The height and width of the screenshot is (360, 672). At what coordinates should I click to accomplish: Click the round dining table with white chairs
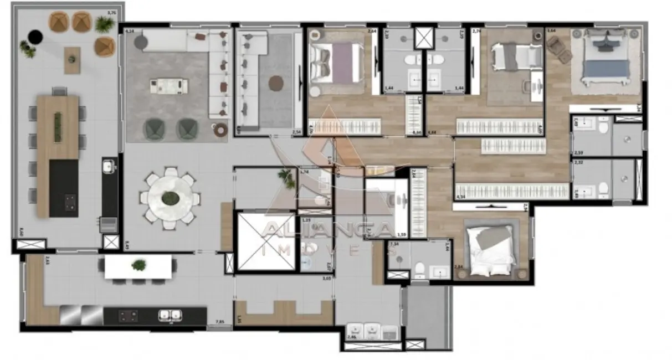coord(170,198)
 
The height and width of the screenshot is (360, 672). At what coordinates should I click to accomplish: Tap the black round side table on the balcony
coord(35,37)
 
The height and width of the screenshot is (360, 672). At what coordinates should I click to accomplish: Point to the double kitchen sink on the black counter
coord(170,315)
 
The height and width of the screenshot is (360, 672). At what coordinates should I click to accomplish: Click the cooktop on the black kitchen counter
coord(129,316)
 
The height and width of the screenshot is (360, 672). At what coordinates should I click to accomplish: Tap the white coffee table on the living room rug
coord(168,85)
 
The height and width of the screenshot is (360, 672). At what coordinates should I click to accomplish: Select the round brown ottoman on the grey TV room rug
coord(276,84)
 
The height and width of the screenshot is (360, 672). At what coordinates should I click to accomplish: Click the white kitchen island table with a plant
coord(138,266)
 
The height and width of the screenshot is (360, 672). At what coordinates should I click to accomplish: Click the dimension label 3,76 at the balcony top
coord(111,13)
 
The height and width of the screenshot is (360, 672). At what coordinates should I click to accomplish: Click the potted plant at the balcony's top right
coord(104,24)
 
